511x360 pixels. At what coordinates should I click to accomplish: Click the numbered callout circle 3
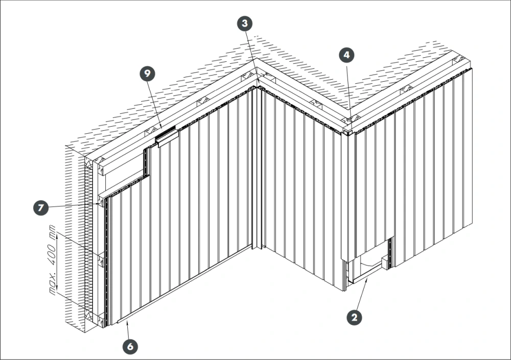pyautogui.click(x=245, y=23)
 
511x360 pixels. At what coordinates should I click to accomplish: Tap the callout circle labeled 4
pyautogui.click(x=346, y=55)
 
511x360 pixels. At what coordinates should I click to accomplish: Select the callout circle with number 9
pyautogui.click(x=148, y=74)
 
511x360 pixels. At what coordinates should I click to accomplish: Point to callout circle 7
pyautogui.click(x=41, y=207)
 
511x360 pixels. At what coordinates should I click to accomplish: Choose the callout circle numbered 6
pyautogui.click(x=130, y=346)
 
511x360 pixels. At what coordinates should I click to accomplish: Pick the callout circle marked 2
pyautogui.click(x=354, y=317)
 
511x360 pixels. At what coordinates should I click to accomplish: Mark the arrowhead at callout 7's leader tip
pyautogui.click(x=99, y=204)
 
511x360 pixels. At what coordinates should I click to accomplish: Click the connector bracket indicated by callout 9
pyautogui.click(x=167, y=136)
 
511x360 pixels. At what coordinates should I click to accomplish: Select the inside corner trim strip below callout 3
pyautogui.click(x=257, y=168)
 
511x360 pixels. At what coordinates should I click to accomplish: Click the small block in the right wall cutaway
pyautogui.click(x=385, y=262)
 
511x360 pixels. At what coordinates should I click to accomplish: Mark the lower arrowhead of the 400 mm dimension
pyautogui.click(x=57, y=286)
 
